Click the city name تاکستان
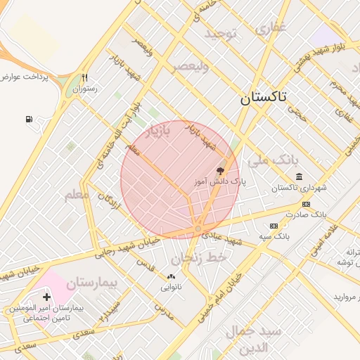click(x=263, y=98)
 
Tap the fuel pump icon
click(x=29, y=120)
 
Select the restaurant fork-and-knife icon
click(x=85, y=78)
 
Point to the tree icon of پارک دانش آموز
click(x=220, y=170)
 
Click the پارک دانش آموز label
click(x=221, y=181)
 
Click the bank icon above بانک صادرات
click(x=306, y=204)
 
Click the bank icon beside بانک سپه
click(x=274, y=226)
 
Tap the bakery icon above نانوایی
click(x=171, y=276)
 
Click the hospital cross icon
click(x=46, y=297)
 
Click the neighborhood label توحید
click(x=221, y=33)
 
